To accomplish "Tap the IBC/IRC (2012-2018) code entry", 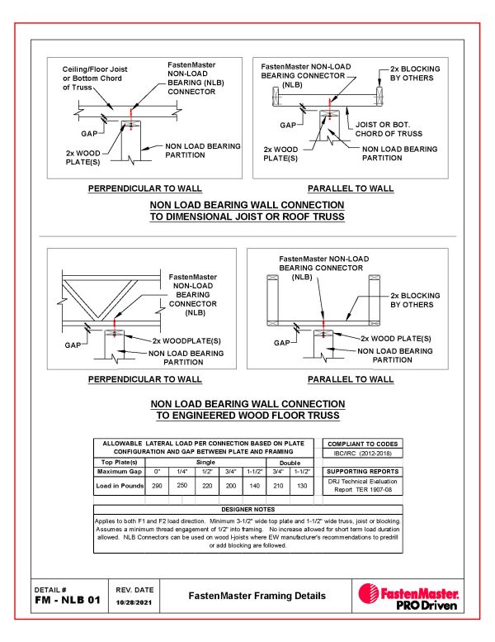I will click(x=362, y=454).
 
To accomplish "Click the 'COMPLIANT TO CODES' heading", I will click(x=362, y=444).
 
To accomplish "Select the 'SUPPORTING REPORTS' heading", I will click(x=362, y=470).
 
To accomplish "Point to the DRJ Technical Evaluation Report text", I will click(x=362, y=484).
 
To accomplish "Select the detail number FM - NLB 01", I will click(x=67, y=600).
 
